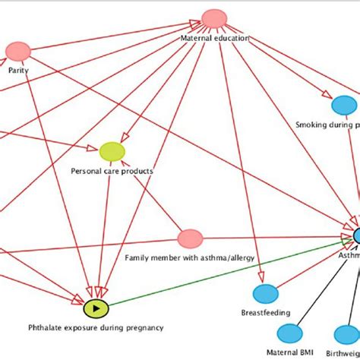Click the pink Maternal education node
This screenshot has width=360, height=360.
214,19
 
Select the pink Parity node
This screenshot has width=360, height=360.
17,52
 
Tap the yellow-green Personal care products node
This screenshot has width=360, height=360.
112,152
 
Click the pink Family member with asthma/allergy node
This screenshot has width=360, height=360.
190,239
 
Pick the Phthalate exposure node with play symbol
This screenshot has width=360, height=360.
96,308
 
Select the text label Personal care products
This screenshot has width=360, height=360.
112,171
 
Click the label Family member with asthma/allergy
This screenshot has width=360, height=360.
182,257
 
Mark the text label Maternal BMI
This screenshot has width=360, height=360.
289,352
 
